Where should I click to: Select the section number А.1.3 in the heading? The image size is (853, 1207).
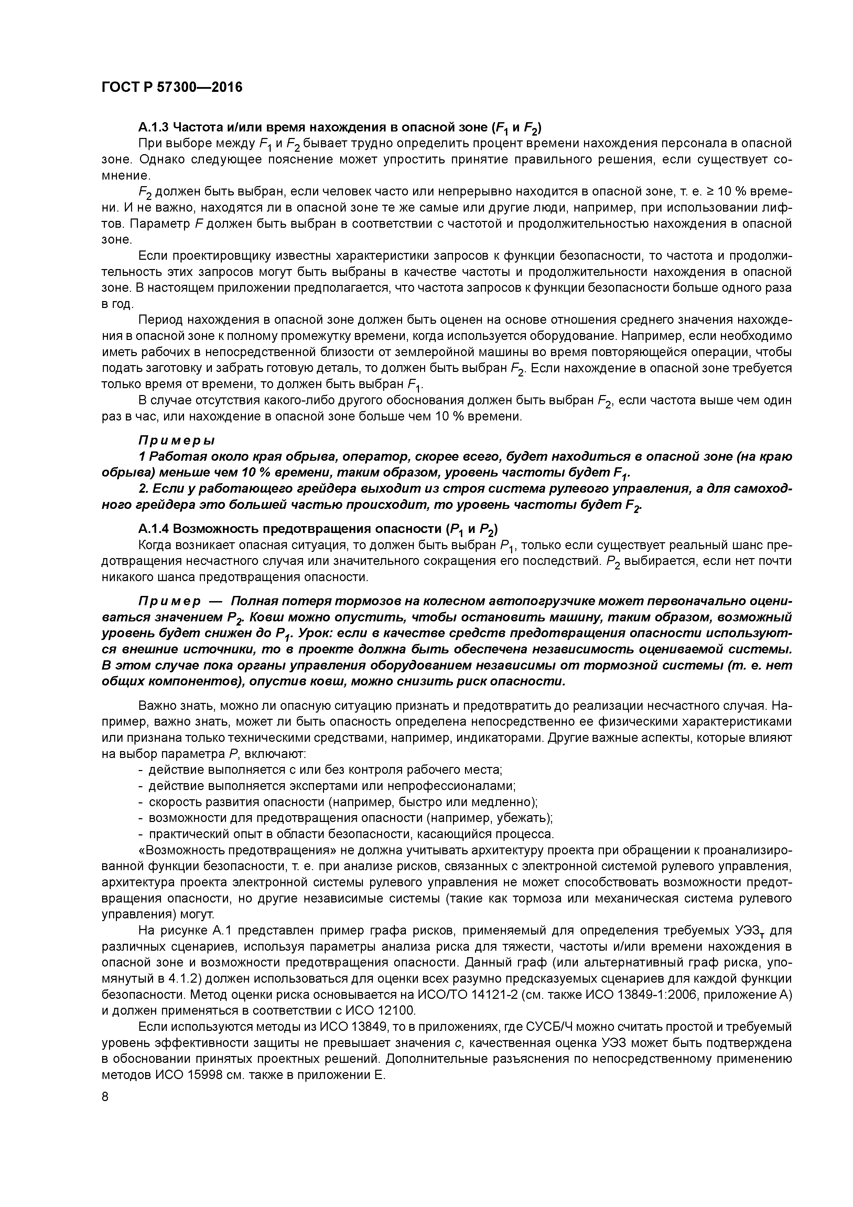click(x=153, y=127)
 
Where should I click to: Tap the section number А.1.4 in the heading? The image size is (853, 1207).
click(x=153, y=528)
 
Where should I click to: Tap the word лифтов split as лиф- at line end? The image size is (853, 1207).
click(x=778, y=208)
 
